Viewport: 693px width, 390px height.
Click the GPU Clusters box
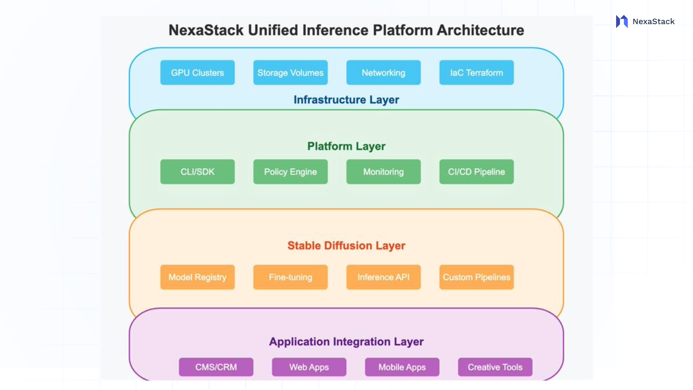point(197,73)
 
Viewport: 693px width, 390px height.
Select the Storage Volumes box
point(291,73)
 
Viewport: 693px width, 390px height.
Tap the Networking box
point(383,73)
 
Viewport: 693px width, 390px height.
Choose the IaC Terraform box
point(476,73)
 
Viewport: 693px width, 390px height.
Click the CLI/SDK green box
point(197,172)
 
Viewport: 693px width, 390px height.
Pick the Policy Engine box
point(291,172)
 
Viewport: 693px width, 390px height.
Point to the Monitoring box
point(383,172)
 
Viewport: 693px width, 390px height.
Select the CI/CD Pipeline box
point(476,172)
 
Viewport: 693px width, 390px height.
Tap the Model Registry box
point(197,277)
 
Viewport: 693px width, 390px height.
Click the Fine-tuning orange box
point(291,277)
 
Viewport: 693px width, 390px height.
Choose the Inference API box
point(383,277)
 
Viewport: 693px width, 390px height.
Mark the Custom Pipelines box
point(476,277)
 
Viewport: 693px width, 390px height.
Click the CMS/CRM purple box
point(216,367)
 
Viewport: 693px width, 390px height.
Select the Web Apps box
point(309,367)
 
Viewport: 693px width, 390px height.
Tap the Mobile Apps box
point(402,367)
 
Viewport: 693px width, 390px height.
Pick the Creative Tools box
point(495,367)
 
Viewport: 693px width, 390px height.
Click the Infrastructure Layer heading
point(346,100)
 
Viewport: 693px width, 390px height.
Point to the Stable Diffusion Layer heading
point(346,246)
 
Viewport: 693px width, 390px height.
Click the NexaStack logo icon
point(622,22)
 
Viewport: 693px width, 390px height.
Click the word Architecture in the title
point(480,30)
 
